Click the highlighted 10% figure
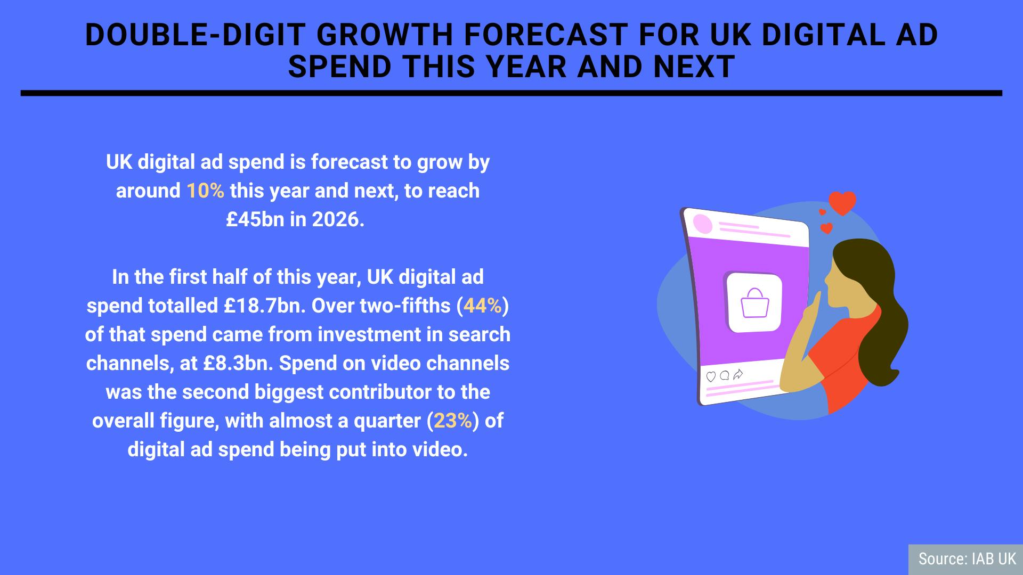205,191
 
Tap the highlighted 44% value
483,306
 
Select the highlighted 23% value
453,421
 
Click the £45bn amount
255,219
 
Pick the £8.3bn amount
238,363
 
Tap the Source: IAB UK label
967,558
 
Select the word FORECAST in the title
546,35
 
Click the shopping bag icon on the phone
755,303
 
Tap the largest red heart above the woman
842,203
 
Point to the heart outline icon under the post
711,377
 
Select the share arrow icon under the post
738,374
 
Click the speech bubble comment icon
725,375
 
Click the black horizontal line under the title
511,93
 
